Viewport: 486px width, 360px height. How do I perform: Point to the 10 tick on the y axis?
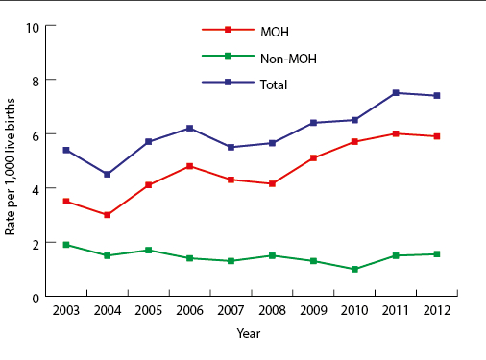33,26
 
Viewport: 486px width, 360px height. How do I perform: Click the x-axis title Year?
249,333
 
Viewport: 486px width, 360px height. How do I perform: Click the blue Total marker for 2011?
396,93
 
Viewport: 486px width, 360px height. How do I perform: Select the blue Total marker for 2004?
107,175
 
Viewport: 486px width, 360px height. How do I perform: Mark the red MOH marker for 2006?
189,166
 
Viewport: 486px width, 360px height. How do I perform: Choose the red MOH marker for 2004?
107,215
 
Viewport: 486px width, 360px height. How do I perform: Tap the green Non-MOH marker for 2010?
354,269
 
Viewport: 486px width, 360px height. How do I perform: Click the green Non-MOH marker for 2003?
65,245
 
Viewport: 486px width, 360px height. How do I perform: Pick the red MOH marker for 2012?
437,136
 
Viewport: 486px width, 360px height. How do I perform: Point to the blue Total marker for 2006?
189,128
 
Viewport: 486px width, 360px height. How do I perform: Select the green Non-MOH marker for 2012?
437,254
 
